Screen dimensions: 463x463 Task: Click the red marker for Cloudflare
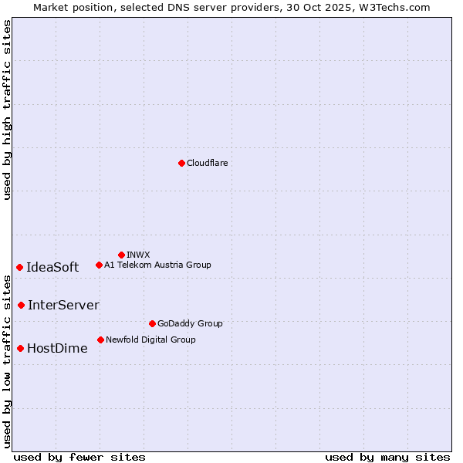tap(181, 163)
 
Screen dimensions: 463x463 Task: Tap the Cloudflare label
tap(207, 163)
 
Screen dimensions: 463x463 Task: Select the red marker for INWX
tap(121, 255)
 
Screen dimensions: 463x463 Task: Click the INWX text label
tap(138, 255)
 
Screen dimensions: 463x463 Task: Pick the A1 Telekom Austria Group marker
tap(99, 265)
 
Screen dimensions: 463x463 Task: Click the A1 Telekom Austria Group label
tap(157, 265)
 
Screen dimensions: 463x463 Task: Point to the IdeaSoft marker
tap(19, 267)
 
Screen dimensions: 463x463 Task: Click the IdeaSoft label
tap(52, 267)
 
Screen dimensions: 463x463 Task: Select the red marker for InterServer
tap(21, 305)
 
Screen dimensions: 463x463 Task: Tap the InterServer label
tap(63, 305)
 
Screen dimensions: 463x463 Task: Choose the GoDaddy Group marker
tap(152, 323)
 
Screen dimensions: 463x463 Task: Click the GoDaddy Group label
tap(190, 323)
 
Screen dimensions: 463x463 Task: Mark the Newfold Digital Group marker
tap(100, 340)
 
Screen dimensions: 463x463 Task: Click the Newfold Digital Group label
tap(150, 340)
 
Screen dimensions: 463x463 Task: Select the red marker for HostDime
tap(20, 348)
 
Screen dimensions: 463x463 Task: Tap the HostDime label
tap(57, 348)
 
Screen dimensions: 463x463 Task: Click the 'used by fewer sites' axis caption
tap(79, 457)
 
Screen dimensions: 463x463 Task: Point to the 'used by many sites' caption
tap(387, 457)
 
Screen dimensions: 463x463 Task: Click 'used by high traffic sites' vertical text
tap(7, 110)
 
